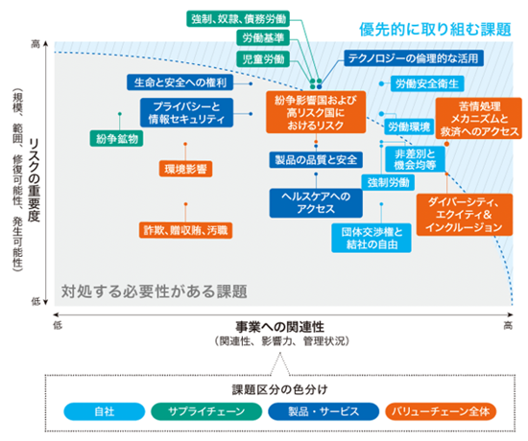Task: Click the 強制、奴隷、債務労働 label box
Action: click(x=238, y=19)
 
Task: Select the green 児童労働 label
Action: click(x=263, y=59)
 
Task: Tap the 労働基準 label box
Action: click(x=263, y=38)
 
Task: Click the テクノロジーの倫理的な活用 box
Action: click(x=414, y=58)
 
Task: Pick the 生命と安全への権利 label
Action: click(x=180, y=82)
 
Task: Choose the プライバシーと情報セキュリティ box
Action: click(x=186, y=113)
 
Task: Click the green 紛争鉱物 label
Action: click(x=116, y=139)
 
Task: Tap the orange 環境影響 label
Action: click(x=185, y=169)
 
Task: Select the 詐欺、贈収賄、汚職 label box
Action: click(x=185, y=230)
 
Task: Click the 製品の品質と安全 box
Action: click(x=316, y=160)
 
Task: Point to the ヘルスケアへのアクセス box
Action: click(x=316, y=203)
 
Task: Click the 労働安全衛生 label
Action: click(x=427, y=83)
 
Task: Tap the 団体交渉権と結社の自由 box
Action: click(x=372, y=238)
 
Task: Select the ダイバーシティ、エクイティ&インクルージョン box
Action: click(x=465, y=215)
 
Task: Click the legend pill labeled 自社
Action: click(x=105, y=411)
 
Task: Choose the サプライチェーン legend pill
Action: click(x=206, y=411)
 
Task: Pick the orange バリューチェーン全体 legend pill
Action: click(x=441, y=411)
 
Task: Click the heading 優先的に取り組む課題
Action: click(x=435, y=30)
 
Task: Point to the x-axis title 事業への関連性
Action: click(x=279, y=327)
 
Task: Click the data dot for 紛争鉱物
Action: click(x=120, y=114)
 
